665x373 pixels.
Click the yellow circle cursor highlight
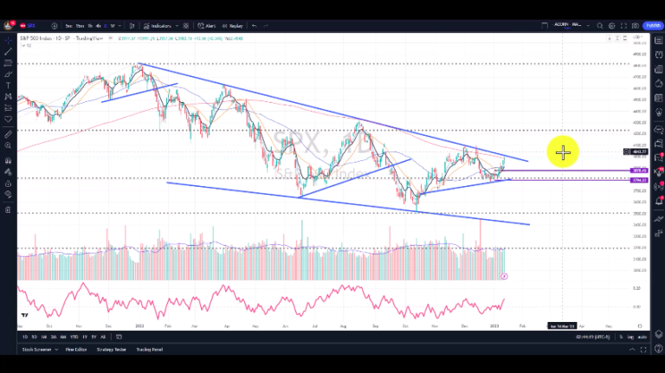click(563, 153)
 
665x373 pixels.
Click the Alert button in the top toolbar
click(207, 26)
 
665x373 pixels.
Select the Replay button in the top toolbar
click(233, 26)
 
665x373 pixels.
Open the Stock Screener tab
click(36, 350)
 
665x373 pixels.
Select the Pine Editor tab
click(76, 350)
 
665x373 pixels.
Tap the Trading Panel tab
click(149, 350)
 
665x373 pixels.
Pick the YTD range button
click(74, 336)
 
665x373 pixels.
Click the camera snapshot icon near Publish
click(636, 26)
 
